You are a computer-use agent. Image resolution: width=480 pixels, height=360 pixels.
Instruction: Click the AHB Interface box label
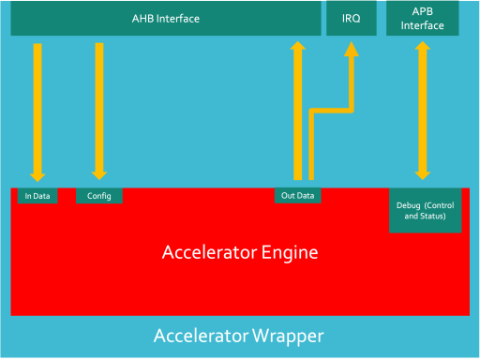[x=165, y=19]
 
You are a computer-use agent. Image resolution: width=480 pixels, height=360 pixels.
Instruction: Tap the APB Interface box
[x=422, y=19]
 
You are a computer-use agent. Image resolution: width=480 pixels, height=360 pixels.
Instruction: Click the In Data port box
[x=37, y=196]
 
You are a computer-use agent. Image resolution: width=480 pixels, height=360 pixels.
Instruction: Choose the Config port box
[x=98, y=196]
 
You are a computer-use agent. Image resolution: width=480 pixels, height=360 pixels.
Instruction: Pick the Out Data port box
[x=298, y=196]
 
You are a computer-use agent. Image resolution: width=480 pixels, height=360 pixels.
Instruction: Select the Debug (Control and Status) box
[x=425, y=210]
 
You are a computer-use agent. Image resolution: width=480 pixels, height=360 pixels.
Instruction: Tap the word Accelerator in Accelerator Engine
[x=208, y=252]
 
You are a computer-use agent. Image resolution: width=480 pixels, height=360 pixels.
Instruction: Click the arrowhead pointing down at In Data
[x=37, y=174]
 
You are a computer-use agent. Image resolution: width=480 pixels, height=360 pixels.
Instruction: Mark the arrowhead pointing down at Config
[x=98, y=174]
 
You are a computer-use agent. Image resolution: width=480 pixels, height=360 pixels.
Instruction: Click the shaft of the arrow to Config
[x=98, y=103]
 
